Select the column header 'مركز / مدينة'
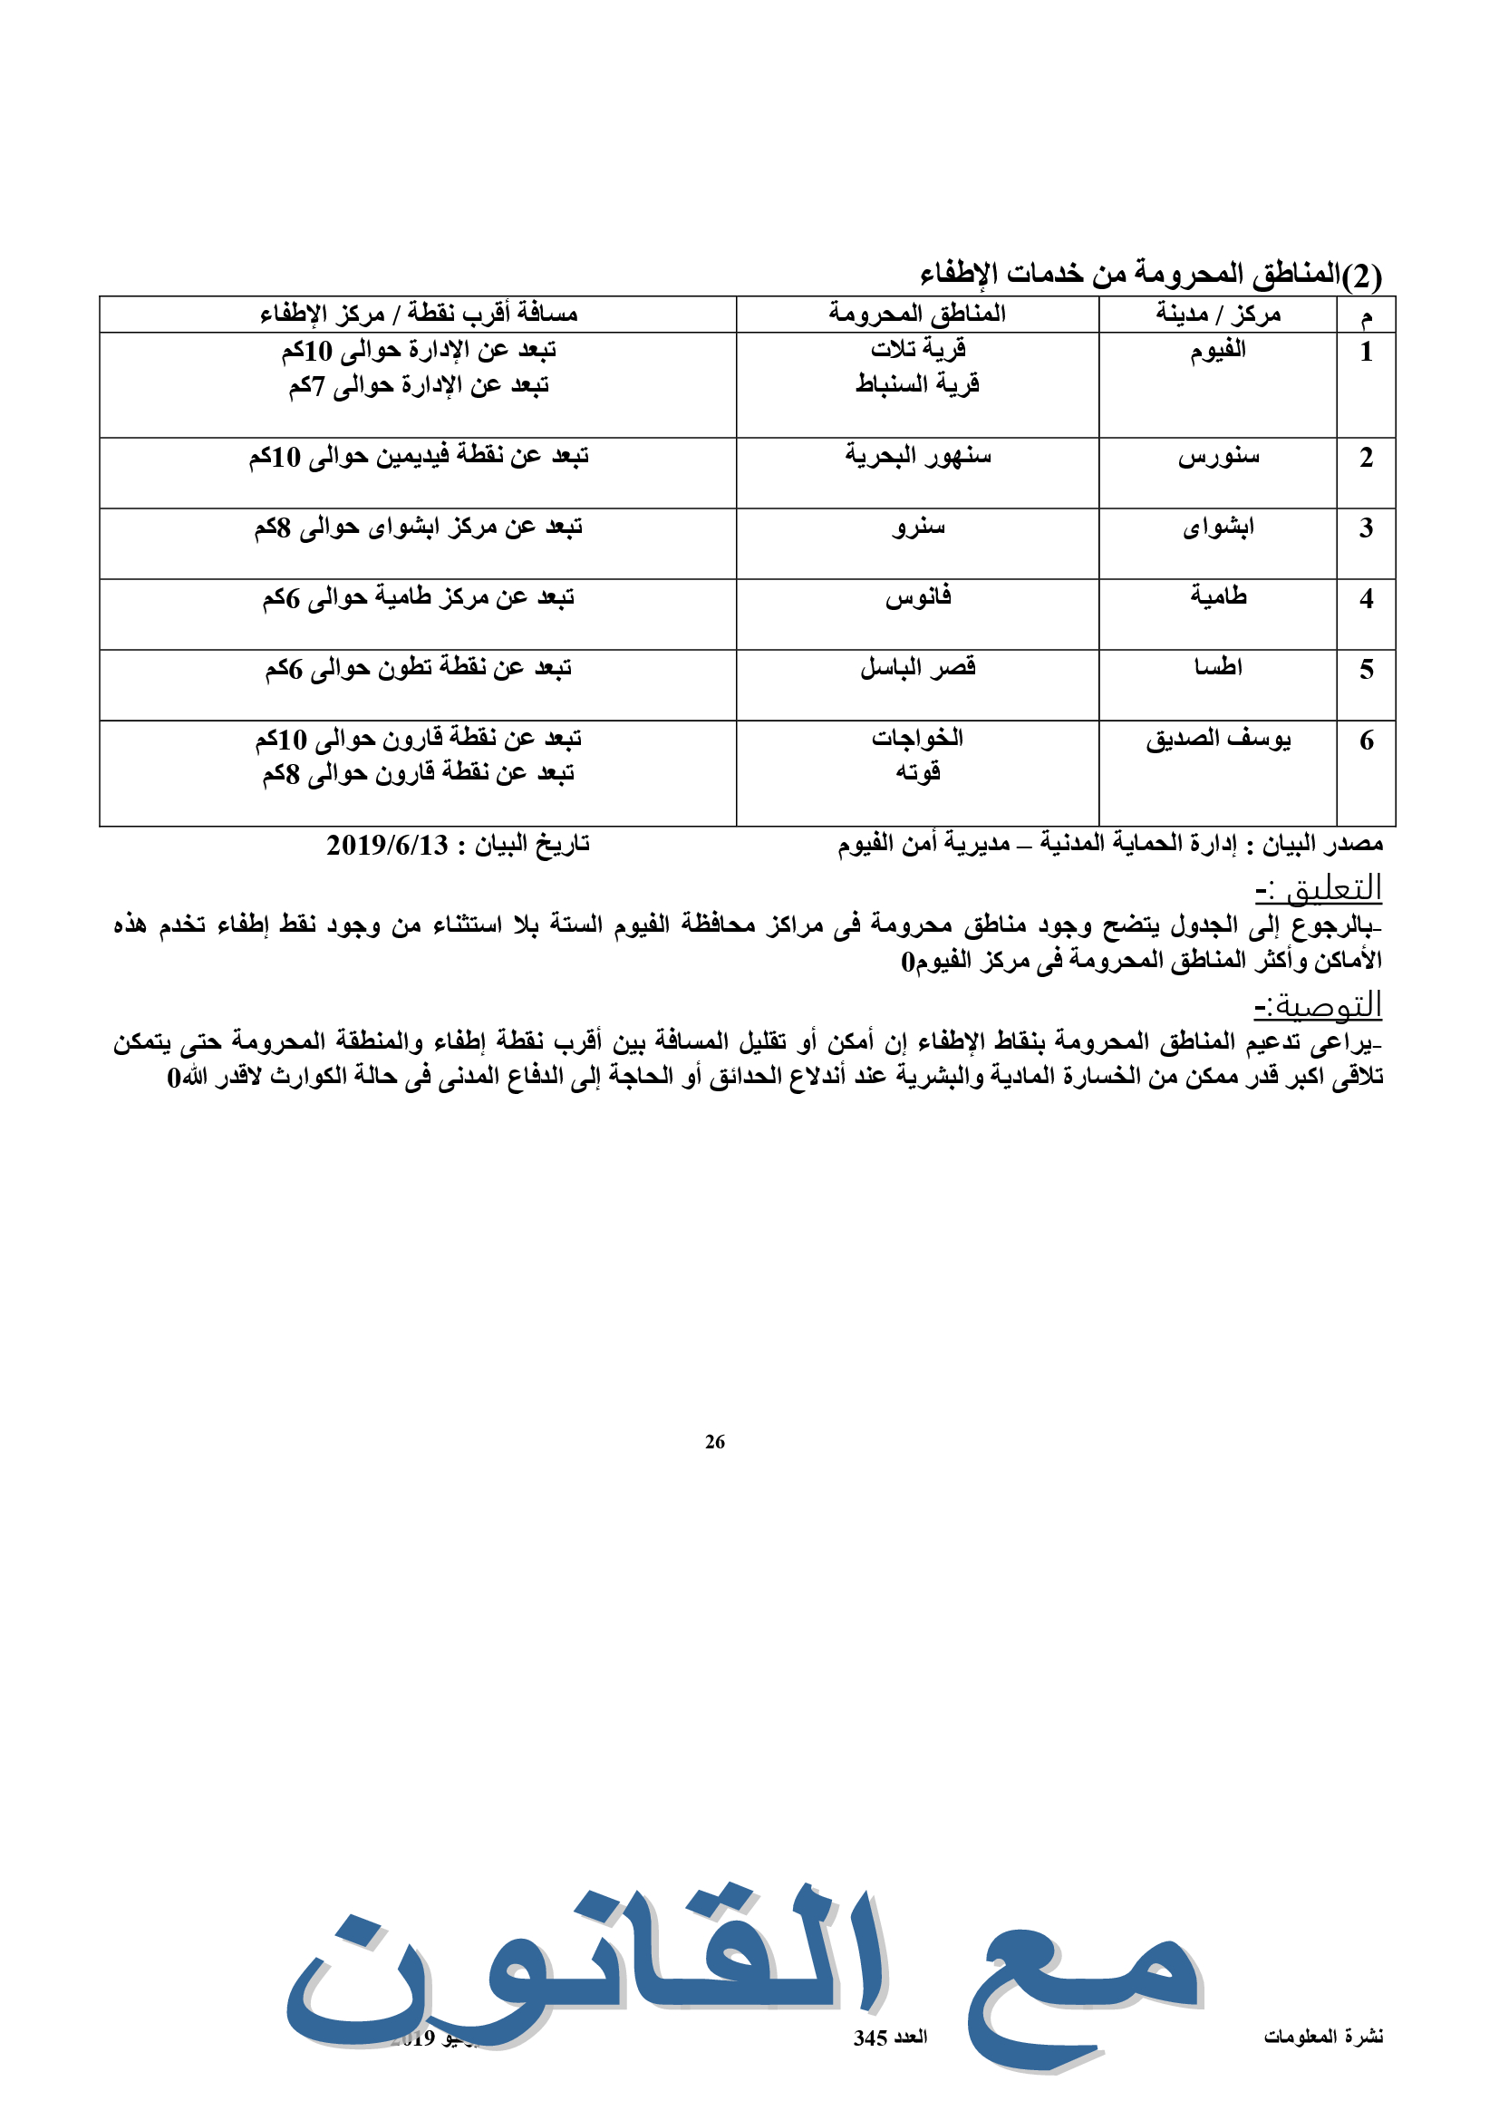click(1217, 315)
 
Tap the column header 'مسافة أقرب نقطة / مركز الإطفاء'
click(418, 315)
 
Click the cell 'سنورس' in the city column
click(1217, 457)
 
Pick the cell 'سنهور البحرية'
click(917, 456)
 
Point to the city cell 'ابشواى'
click(1217, 528)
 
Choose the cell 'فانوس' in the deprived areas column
click(917, 597)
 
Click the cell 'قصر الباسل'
click(917, 668)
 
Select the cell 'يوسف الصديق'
click(1217, 740)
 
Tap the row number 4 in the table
click(1366, 599)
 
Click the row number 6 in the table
click(1366, 741)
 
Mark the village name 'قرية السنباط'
click(917, 384)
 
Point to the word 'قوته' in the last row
click(917, 773)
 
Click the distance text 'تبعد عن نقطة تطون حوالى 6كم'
click(418, 669)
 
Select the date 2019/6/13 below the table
click(387, 845)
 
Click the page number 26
click(714, 1441)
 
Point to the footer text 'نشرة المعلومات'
click(1322, 2036)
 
